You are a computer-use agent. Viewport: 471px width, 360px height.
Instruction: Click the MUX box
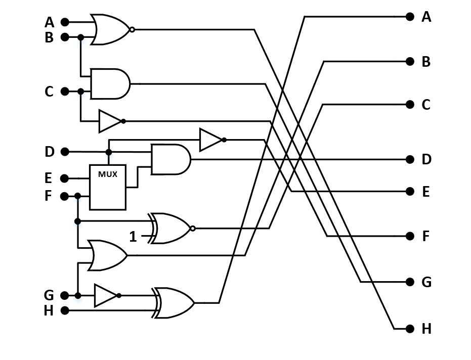pyautogui.click(x=107, y=187)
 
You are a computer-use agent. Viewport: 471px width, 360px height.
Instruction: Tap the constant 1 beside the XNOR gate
pyautogui.click(x=133, y=236)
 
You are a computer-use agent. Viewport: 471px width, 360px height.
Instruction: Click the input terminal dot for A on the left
pyautogui.click(x=65, y=22)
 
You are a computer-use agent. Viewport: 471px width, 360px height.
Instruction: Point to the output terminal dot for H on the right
pyautogui.click(x=410, y=329)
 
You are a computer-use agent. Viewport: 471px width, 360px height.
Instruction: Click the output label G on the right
pyautogui.click(x=426, y=282)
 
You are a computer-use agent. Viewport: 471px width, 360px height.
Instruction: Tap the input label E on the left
pyautogui.click(x=49, y=178)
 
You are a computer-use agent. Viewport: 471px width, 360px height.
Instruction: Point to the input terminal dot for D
pyautogui.click(x=65, y=152)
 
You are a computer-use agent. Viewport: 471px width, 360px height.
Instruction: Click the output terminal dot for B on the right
pyautogui.click(x=410, y=62)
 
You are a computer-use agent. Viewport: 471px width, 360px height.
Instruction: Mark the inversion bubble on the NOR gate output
pyautogui.click(x=132, y=30)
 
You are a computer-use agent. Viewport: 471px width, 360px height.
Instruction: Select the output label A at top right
pyautogui.click(x=426, y=17)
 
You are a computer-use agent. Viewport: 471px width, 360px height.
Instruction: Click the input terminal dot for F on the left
pyautogui.click(x=65, y=196)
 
